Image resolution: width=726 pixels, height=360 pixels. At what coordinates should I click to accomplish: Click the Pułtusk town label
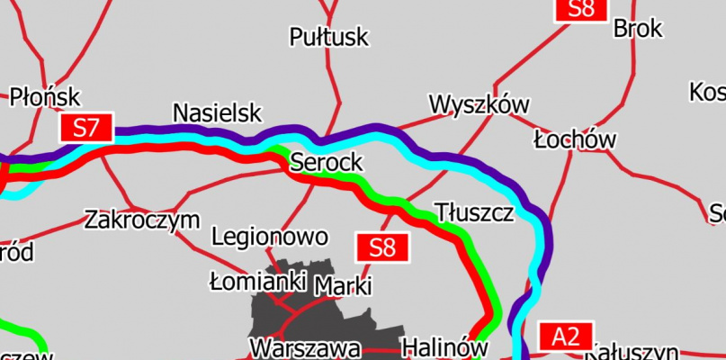coord(329,37)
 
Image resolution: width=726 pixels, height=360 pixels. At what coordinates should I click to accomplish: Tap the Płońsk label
coord(45,97)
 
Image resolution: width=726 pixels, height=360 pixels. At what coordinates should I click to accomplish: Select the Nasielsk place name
coord(217,113)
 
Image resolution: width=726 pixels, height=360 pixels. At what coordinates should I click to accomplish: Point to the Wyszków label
coord(479,104)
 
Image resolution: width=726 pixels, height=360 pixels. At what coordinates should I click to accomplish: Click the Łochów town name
coord(574,139)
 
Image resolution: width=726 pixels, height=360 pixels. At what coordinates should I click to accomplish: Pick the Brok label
coord(638,29)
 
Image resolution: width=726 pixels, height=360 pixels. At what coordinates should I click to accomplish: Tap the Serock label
coord(326,162)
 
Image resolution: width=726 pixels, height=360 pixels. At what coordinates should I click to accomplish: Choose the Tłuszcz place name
coord(474,213)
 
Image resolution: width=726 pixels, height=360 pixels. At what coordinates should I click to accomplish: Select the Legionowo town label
coord(270,237)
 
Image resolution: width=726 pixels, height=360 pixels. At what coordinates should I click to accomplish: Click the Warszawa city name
coord(306,347)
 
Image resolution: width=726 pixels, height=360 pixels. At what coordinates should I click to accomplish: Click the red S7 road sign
coord(86,128)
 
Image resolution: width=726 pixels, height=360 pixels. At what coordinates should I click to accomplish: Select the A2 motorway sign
coord(566,337)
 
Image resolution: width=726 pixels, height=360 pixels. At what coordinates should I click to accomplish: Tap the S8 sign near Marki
coord(383,247)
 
